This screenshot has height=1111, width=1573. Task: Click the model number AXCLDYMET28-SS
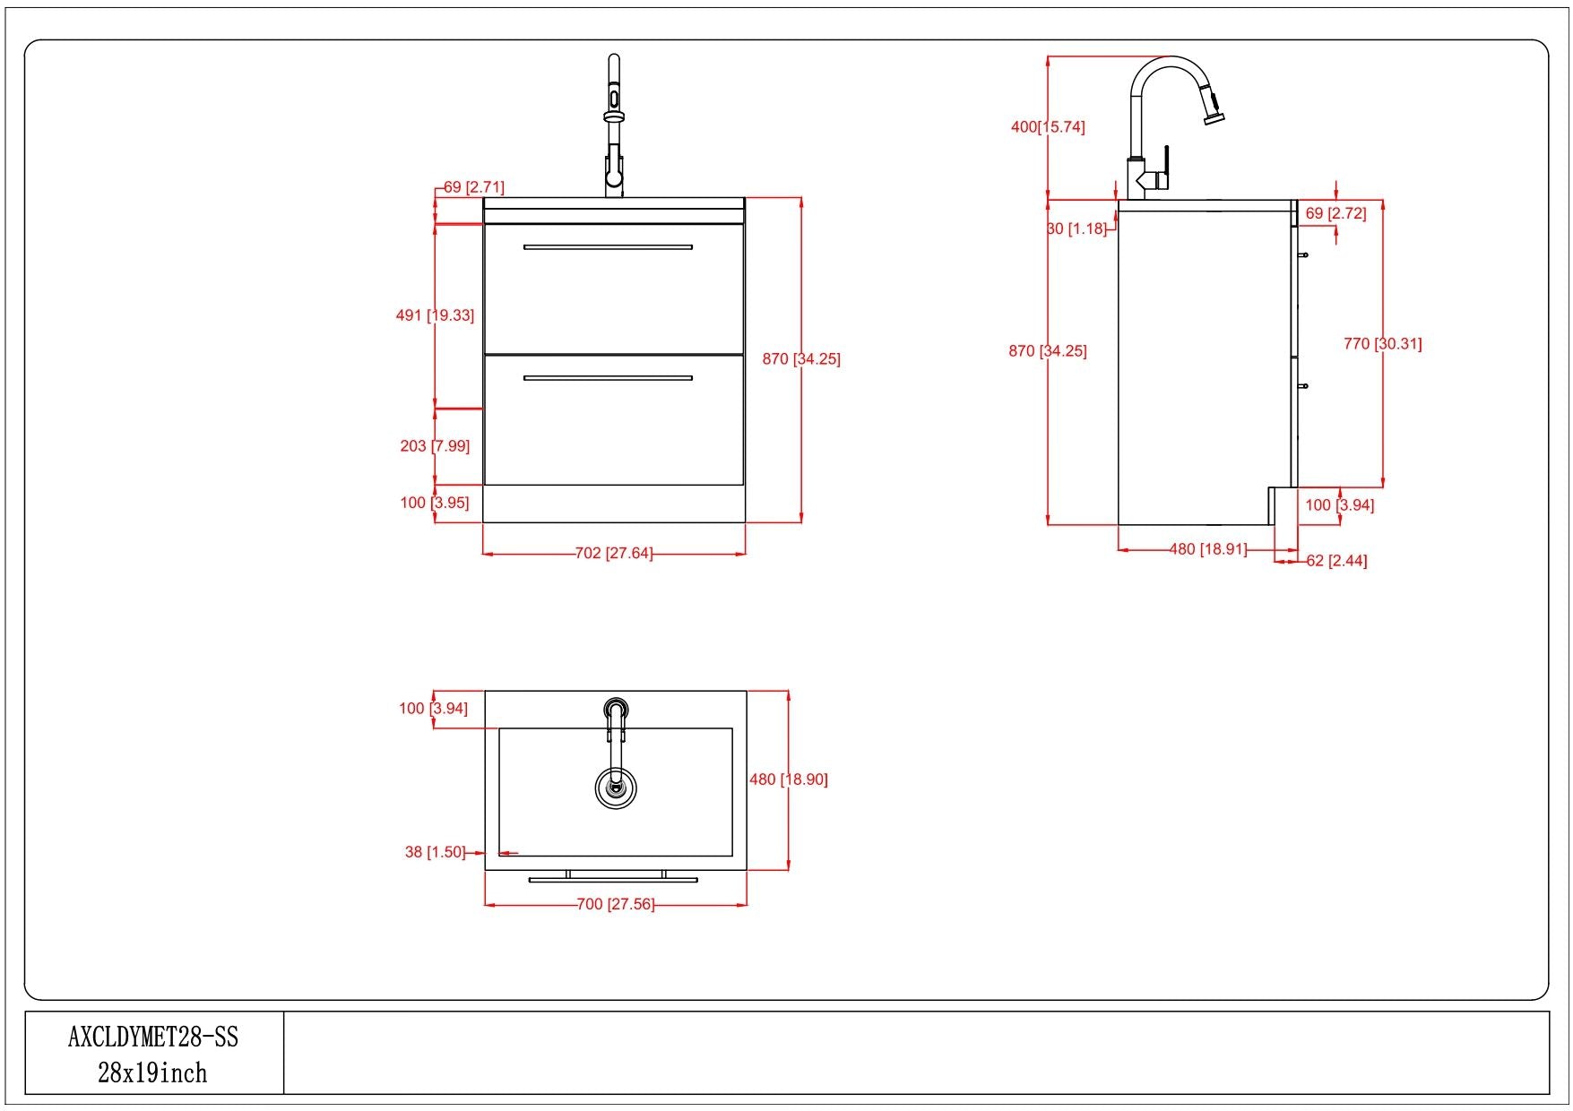click(153, 1037)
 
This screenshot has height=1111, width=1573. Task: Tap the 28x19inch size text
click(152, 1072)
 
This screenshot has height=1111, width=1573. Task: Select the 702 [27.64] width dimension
click(613, 553)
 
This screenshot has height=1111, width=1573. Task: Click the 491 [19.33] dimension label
click(435, 315)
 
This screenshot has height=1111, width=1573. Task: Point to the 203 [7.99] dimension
click(435, 445)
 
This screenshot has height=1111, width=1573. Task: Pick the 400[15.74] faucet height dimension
click(1048, 127)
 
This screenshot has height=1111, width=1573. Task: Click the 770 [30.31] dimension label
click(1382, 343)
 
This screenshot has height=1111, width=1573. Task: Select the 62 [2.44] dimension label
click(1336, 561)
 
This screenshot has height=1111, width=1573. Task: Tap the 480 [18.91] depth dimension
click(1208, 548)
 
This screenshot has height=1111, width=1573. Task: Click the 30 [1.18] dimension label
click(1076, 228)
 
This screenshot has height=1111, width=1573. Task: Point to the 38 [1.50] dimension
click(435, 851)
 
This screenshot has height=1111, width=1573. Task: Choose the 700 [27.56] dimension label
click(615, 904)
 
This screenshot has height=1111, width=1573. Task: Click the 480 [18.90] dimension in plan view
click(789, 779)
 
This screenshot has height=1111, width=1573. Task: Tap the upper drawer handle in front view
click(608, 246)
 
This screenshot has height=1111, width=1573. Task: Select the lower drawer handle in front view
click(608, 378)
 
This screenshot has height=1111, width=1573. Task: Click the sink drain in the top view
click(615, 788)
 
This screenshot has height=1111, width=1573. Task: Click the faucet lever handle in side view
click(1165, 166)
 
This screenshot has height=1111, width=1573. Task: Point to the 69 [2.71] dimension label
click(473, 187)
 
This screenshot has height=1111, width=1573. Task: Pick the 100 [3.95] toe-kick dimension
click(435, 503)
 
